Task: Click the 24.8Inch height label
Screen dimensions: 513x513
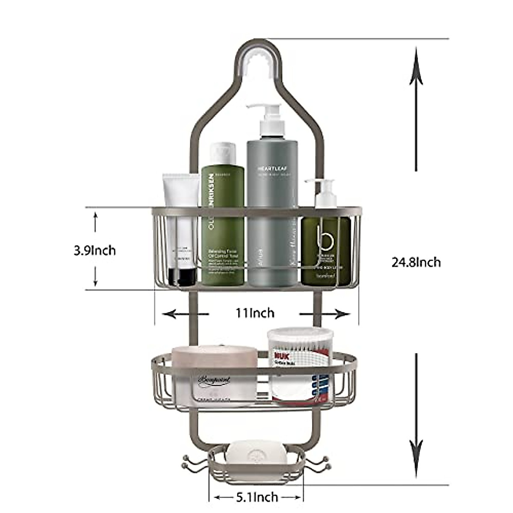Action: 416,262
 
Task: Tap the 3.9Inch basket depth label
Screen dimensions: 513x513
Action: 94,250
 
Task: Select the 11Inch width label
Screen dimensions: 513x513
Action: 255,313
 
